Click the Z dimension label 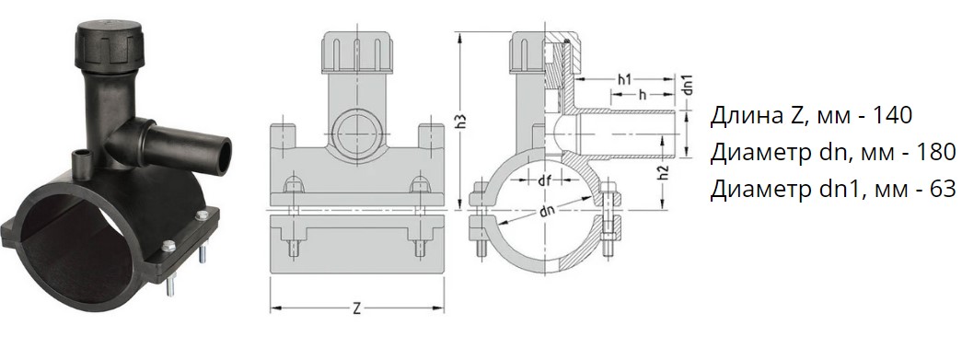tap(357, 309)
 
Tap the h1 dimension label tap(624, 79)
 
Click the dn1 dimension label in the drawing tap(688, 85)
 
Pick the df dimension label tap(544, 180)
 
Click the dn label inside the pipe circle tap(547, 212)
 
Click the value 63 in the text tap(943, 190)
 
